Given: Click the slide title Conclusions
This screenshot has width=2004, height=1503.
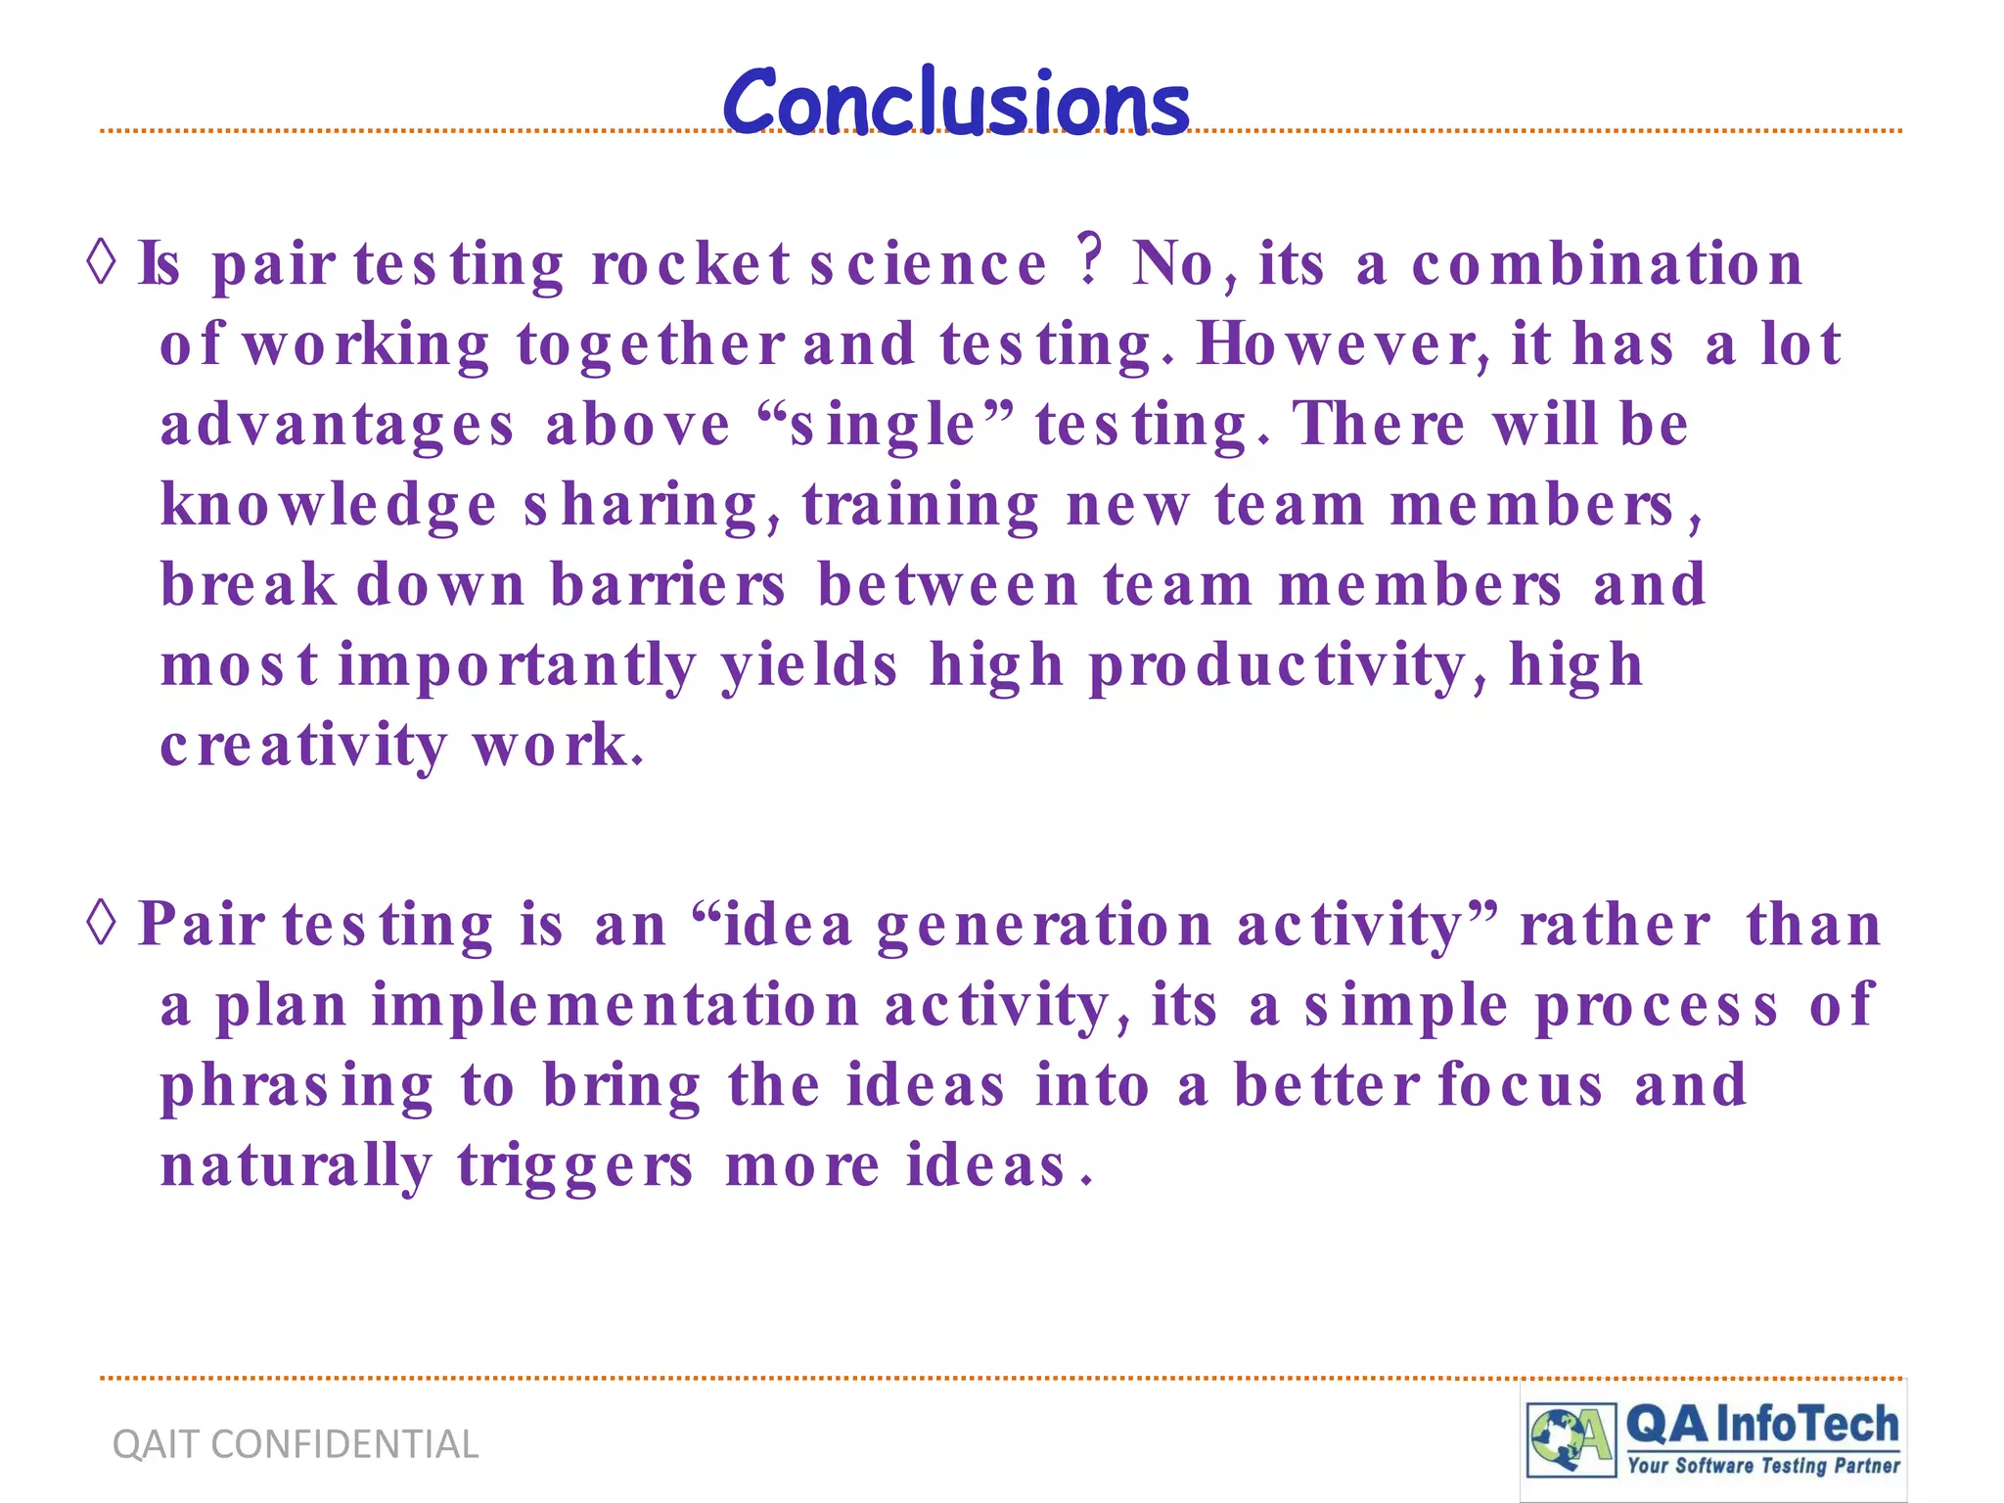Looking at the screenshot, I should coord(956,103).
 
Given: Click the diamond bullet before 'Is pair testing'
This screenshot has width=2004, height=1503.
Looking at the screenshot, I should coord(102,262).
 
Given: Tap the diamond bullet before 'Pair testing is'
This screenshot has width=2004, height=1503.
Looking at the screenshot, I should coord(102,923).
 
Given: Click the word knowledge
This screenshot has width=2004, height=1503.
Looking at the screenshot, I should coord(329,507).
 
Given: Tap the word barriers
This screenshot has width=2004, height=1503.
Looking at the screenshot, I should coord(667,585).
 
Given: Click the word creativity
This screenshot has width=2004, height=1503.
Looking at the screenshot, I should coord(303,747).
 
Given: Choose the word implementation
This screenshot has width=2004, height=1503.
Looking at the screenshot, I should coord(615,1006).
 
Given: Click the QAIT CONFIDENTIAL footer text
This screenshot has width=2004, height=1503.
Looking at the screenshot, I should coord(296,1444).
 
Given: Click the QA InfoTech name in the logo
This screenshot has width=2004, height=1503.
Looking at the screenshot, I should coord(1761,1425).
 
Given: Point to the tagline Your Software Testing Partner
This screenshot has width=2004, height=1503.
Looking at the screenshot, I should coord(1763,1465).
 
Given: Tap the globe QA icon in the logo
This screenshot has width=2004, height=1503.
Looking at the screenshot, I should coord(1570,1439).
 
